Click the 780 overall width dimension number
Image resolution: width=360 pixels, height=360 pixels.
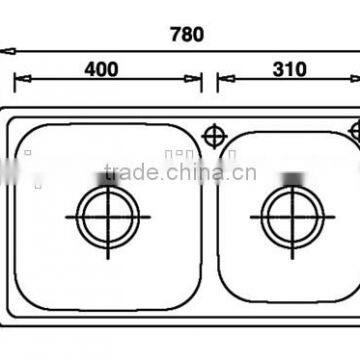(187, 34)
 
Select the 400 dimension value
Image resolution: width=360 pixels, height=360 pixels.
(102, 69)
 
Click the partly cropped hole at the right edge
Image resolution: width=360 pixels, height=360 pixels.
(355, 131)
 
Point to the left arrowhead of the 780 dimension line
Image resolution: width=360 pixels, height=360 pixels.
(4, 49)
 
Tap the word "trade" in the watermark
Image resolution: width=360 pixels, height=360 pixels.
(156, 172)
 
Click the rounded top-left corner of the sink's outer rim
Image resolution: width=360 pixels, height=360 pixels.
(8, 120)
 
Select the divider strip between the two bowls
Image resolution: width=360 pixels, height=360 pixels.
(210, 230)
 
